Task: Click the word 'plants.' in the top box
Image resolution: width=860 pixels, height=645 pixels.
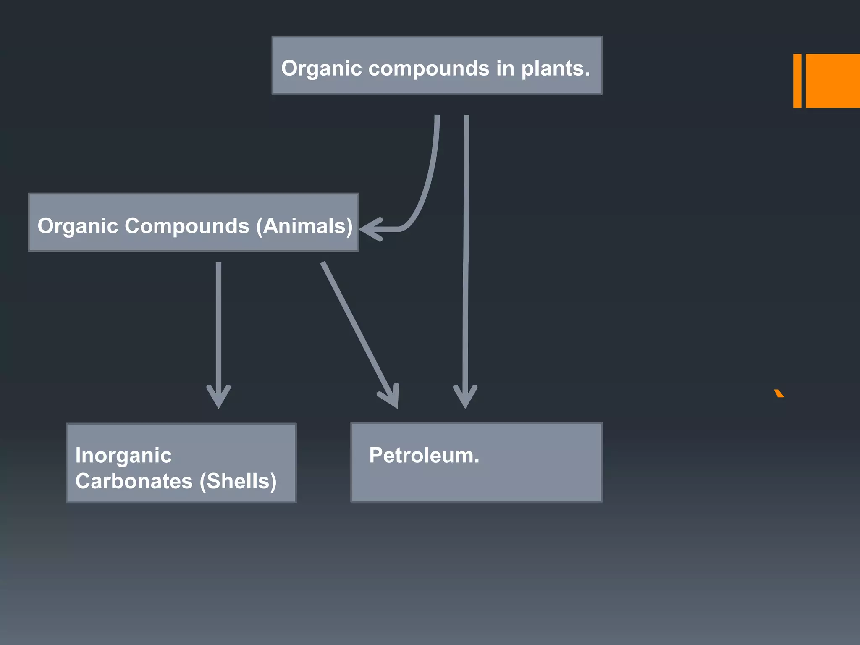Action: click(x=555, y=68)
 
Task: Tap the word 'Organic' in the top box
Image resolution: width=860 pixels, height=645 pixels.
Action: click(x=321, y=68)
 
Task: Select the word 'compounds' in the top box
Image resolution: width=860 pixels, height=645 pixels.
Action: click(x=429, y=68)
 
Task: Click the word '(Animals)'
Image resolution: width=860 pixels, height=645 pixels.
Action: click(x=304, y=226)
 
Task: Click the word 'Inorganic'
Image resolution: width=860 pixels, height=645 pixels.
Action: click(x=123, y=456)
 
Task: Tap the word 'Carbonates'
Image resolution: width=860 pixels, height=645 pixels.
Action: click(x=134, y=481)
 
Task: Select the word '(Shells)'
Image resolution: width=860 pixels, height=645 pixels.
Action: click(x=238, y=481)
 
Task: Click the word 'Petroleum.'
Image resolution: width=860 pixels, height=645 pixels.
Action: click(x=424, y=455)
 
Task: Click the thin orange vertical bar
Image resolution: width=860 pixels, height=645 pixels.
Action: click(x=797, y=81)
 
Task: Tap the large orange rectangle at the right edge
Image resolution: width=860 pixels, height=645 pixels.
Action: click(x=833, y=81)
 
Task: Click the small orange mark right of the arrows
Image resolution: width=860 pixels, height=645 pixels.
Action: click(x=779, y=393)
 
